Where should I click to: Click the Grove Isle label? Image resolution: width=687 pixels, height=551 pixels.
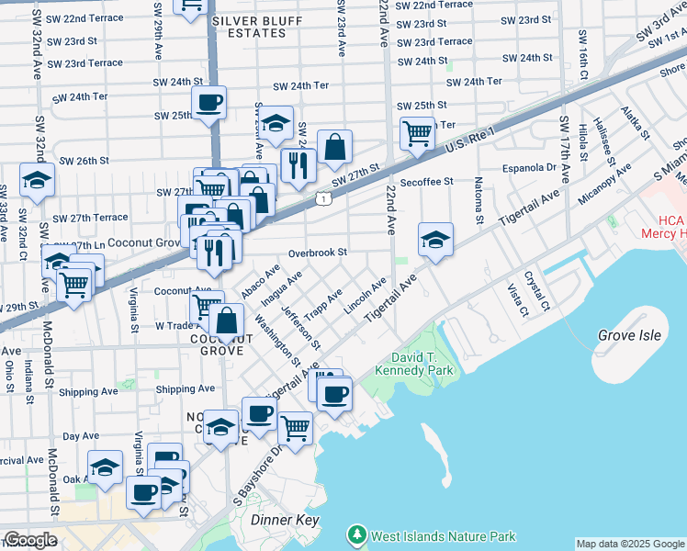point(628,336)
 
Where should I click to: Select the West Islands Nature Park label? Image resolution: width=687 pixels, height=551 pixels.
point(442,536)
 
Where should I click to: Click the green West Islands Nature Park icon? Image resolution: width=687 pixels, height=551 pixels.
point(356,534)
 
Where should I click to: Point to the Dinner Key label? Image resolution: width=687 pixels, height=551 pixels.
point(285,521)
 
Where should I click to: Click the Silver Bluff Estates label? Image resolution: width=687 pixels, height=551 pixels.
point(248,26)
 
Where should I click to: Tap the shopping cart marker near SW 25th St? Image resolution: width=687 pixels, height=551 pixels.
point(418,133)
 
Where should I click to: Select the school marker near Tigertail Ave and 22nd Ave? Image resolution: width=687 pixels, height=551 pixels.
point(436,241)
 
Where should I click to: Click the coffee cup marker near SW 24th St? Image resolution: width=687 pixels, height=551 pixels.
point(208,103)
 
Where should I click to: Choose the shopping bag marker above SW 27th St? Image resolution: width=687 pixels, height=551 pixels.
point(335,147)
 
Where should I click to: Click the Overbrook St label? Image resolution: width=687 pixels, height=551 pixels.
point(317,253)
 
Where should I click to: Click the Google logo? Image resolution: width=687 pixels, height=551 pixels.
point(29,540)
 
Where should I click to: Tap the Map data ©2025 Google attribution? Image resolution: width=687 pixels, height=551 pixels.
point(630,544)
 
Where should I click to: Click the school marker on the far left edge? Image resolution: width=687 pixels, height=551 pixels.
point(37,181)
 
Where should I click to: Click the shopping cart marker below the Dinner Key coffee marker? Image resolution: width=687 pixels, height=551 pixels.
point(295,428)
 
